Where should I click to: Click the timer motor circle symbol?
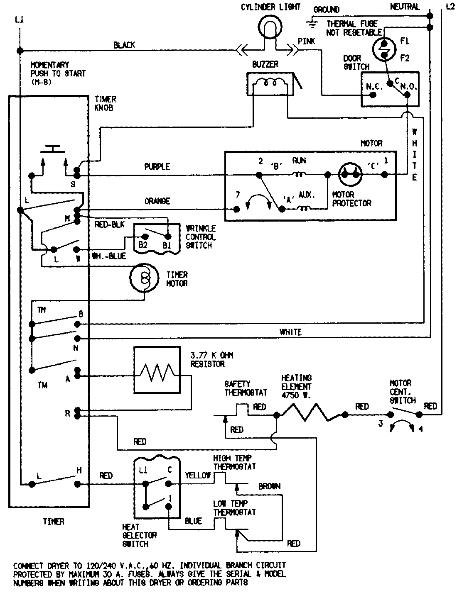point(144,278)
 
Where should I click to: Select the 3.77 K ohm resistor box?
point(157,371)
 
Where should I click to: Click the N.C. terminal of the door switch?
point(373,95)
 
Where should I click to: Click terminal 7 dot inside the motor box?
point(237,209)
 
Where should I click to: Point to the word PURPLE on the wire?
point(157,167)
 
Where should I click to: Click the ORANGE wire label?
point(157,201)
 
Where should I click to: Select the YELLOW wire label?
point(198,476)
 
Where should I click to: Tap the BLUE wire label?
point(193,521)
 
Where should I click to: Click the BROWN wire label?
point(269,486)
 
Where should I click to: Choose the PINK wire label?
point(306,41)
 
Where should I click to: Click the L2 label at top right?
point(450,7)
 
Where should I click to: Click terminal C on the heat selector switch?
point(168,483)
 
